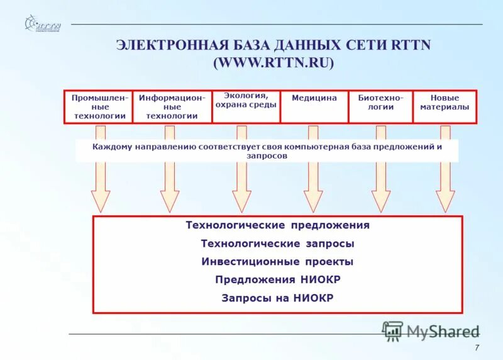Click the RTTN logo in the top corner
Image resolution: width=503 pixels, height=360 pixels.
point(42,25)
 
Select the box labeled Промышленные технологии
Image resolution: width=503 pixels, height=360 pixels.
point(99,106)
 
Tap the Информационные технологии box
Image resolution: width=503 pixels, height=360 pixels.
point(172,106)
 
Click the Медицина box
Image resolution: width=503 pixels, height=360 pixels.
point(314,106)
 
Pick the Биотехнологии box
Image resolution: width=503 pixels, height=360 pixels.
point(380,106)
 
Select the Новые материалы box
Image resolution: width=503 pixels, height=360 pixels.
point(445,106)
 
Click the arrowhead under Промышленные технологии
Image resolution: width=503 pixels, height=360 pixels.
point(101,200)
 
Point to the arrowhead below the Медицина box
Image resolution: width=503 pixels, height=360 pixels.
point(313,200)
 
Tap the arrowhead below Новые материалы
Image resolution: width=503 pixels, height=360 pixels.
point(445,200)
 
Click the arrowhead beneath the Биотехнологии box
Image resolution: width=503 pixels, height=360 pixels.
point(381,200)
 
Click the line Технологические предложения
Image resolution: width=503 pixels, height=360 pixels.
point(277,225)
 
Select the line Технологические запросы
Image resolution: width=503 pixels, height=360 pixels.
point(277,244)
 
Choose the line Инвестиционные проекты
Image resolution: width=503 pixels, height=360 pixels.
point(277,262)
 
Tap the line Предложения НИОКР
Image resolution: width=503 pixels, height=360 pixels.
point(277,280)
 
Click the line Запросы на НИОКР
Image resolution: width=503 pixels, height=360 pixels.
point(277,298)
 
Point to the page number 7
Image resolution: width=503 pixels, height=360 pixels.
point(477,349)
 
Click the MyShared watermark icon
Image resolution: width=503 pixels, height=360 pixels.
point(393,330)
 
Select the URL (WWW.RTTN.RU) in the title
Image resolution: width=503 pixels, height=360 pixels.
point(274,63)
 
